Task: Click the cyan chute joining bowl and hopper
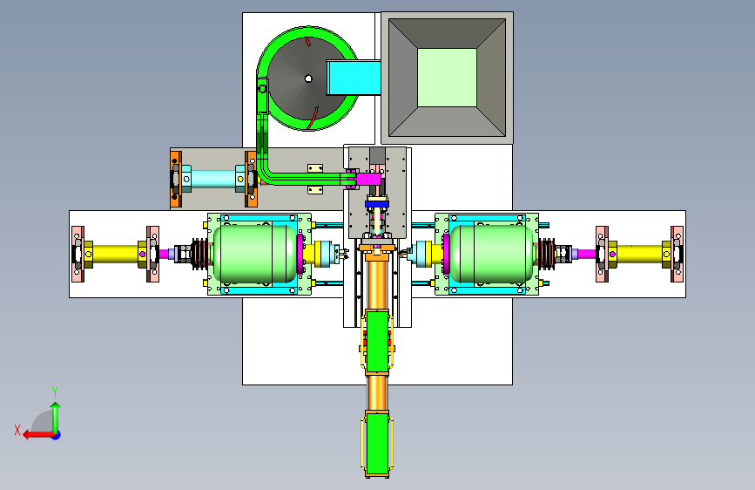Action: coord(354,78)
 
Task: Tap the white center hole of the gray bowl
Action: coord(308,78)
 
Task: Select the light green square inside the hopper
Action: coord(447,78)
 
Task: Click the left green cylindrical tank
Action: coord(254,254)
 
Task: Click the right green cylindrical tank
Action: coord(491,254)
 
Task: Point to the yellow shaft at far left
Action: coord(115,255)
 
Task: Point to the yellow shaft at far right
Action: coord(639,255)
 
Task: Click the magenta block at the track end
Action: coord(368,180)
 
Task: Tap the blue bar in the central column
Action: coord(376,204)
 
